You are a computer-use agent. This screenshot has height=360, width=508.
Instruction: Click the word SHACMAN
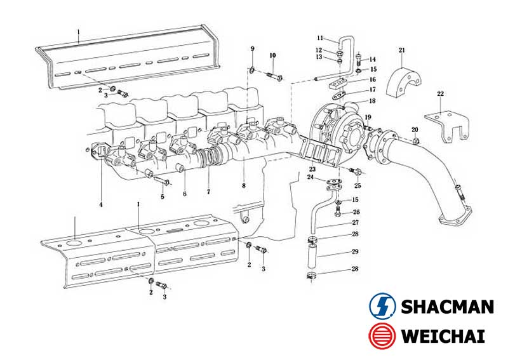pyautogui.click(x=447, y=307)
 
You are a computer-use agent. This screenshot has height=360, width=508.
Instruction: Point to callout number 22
pyautogui.click(x=440, y=94)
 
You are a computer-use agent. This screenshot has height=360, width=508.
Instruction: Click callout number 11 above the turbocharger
pyautogui.click(x=321, y=38)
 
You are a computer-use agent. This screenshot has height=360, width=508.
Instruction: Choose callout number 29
pyautogui.click(x=356, y=252)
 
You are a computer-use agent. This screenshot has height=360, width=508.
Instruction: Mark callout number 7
pyautogui.click(x=208, y=191)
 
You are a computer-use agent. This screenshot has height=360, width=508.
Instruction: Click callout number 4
pyautogui.click(x=100, y=204)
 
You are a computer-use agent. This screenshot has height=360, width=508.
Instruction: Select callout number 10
pyautogui.click(x=272, y=56)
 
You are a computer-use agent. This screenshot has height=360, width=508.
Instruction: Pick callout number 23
pyautogui.click(x=312, y=170)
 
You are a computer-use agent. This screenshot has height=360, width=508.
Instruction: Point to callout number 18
pyautogui.click(x=373, y=101)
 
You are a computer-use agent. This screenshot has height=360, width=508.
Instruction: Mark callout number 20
pyautogui.click(x=415, y=130)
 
